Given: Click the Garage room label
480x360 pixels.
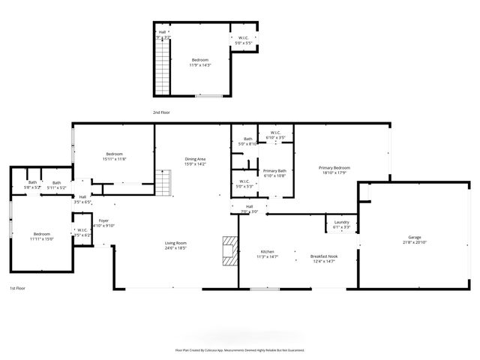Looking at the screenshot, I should point(414,236).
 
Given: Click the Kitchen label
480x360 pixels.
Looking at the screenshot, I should point(268,251).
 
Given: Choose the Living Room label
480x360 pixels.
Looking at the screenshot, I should point(175,243).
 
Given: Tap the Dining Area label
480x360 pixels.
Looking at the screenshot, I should point(195,159).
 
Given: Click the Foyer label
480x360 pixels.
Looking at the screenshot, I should point(103,220).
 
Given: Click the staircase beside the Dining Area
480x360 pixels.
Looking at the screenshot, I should point(164,181).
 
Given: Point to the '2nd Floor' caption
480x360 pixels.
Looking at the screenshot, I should point(162,112).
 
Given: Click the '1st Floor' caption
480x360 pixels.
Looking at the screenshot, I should point(18,288).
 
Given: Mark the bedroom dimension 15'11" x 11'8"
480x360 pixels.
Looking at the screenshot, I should point(114,158).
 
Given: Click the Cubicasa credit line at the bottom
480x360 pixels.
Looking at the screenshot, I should point(240,349).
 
